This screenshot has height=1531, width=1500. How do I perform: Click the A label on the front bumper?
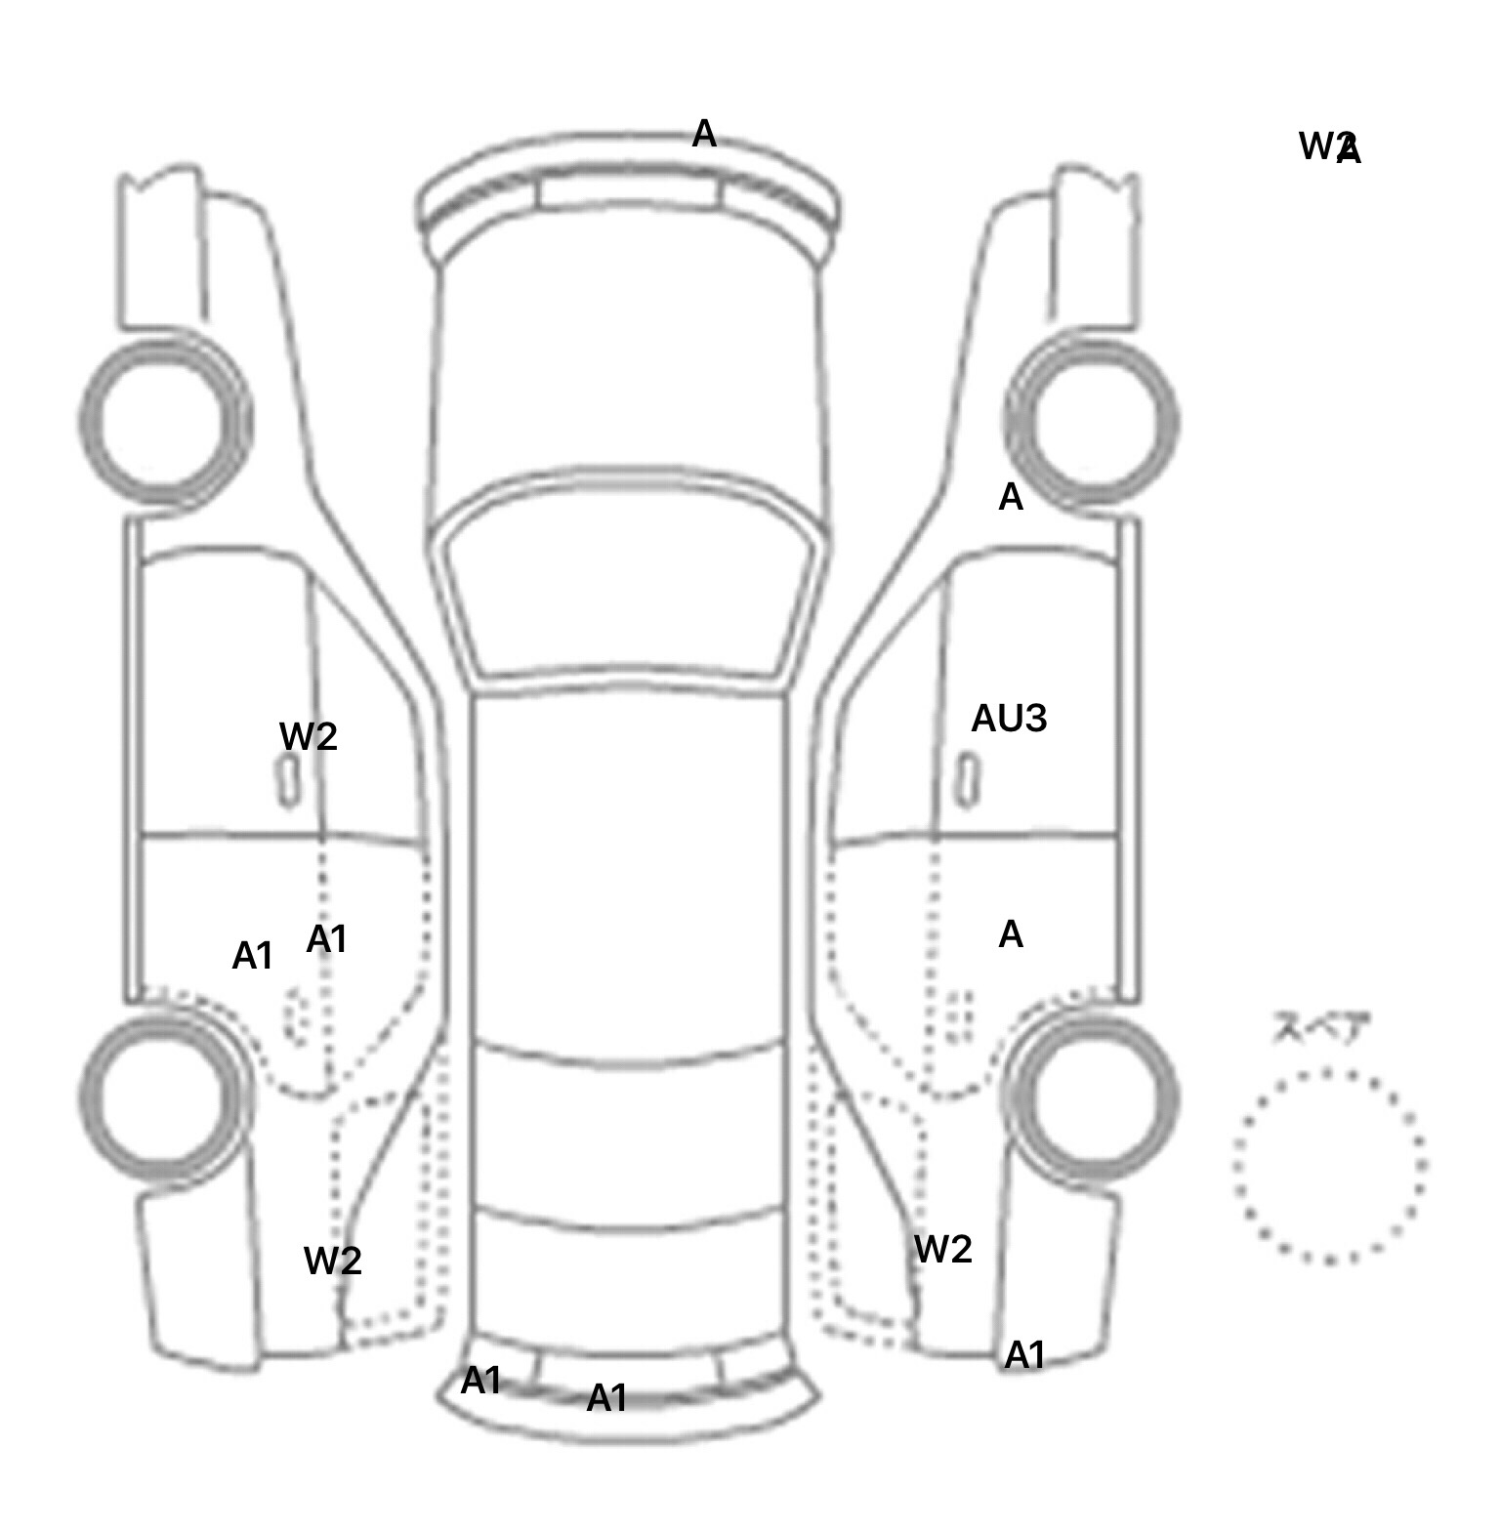(x=703, y=134)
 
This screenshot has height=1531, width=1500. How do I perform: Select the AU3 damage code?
(x=1009, y=719)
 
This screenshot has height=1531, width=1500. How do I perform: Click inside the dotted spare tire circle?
(x=1328, y=1166)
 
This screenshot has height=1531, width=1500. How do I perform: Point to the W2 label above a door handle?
(x=308, y=736)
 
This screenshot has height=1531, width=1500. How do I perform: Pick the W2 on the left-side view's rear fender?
(x=332, y=1261)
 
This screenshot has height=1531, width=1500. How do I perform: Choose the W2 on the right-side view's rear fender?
(x=942, y=1249)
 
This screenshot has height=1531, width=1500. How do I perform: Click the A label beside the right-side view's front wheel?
(x=1011, y=498)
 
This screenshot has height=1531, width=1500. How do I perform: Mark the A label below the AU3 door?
(x=1011, y=935)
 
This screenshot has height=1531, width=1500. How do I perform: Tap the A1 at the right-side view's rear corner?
(x=1024, y=1355)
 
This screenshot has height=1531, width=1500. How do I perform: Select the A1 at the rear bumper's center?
(x=606, y=1398)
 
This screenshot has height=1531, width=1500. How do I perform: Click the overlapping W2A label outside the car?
(x=1329, y=147)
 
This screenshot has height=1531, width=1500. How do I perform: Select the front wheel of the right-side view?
(x=1092, y=422)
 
